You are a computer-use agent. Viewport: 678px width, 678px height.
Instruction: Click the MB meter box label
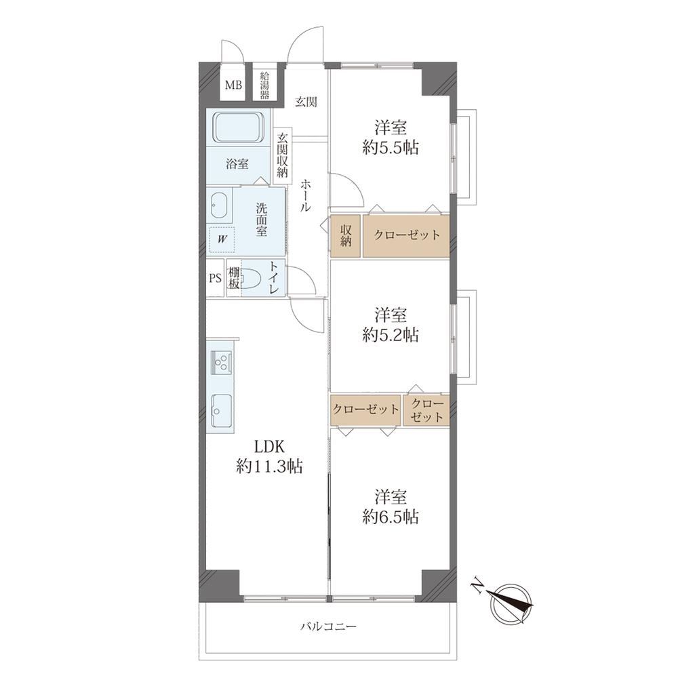(x=233, y=85)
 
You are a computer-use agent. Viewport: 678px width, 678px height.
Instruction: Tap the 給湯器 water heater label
(x=264, y=85)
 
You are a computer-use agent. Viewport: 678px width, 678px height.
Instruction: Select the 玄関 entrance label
(x=306, y=102)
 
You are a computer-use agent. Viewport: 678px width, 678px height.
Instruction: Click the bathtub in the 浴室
(x=239, y=127)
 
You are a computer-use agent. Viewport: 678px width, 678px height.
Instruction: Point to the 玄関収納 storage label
(x=282, y=155)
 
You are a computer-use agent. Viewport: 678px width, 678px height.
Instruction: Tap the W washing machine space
(x=222, y=239)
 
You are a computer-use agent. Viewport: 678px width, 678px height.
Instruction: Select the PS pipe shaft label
(x=216, y=278)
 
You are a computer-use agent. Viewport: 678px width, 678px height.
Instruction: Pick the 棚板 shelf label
(x=234, y=278)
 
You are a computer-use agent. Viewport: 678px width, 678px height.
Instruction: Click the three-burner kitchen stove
(x=222, y=362)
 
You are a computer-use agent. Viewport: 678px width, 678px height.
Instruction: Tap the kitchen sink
(x=222, y=410)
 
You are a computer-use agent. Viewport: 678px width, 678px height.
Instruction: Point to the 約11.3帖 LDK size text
(x=269, y=466)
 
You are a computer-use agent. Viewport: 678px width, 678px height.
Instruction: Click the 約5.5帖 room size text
(x=391, y=148)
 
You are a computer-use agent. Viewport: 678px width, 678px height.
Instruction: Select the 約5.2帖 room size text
(x=391, y=335)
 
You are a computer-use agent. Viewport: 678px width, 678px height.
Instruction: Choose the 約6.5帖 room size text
(x=391, y=516)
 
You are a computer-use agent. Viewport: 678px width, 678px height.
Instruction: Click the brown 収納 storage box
(x=346, y=236)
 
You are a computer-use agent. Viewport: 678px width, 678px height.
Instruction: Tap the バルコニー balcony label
(x=329, y=626)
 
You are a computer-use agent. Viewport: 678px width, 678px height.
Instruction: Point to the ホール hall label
(x=305, y=195)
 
